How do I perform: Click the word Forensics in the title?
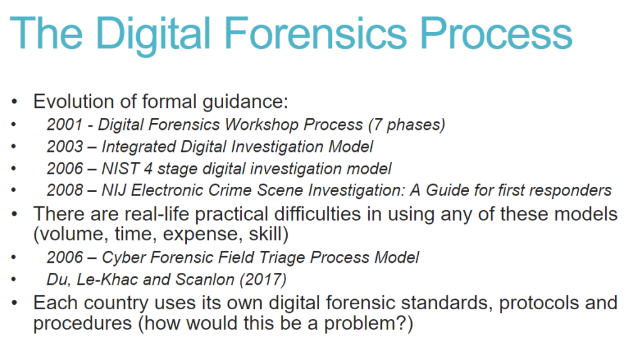[315, 33]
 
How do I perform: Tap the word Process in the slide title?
[497, 33]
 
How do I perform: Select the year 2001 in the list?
[65, 125]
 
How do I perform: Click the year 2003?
[65, 147]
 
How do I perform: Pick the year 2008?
[65, 190]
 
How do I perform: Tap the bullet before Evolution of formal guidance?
[15, 102]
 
